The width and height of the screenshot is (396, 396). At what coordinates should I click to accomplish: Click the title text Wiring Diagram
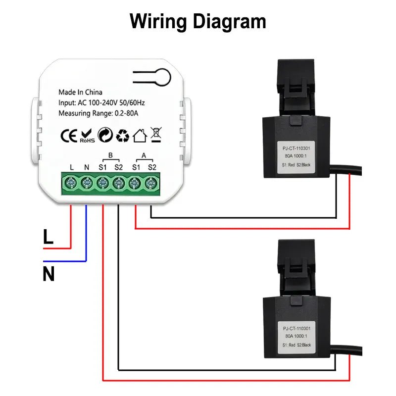(x=198, y=21)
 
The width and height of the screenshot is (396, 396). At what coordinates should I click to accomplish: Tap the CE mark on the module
(x=68, y=135)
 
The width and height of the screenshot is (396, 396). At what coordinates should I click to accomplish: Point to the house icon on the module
(x=140, y=135)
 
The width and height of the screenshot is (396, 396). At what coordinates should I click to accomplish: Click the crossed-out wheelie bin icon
(x=156, y=135)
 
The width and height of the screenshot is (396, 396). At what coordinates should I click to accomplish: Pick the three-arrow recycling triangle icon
(x=122, y=135)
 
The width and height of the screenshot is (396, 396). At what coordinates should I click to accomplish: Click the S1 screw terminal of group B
(x=103, y=184)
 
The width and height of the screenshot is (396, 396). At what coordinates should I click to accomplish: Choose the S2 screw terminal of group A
(x=150, y=184)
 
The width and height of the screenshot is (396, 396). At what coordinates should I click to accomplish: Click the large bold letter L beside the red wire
(x=48, y=237)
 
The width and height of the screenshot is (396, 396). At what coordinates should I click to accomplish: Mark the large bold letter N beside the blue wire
(x=49, y=274)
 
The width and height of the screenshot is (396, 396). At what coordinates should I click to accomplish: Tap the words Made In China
(x=80, y=92)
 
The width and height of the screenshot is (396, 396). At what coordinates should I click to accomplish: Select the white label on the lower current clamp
(x=297, y=336)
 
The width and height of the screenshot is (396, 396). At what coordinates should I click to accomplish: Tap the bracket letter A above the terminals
(x=144, y=155)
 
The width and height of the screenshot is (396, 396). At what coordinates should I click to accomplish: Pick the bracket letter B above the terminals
(x=110, y=155)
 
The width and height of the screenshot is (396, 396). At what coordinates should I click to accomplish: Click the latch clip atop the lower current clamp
(x=296, y=267)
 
